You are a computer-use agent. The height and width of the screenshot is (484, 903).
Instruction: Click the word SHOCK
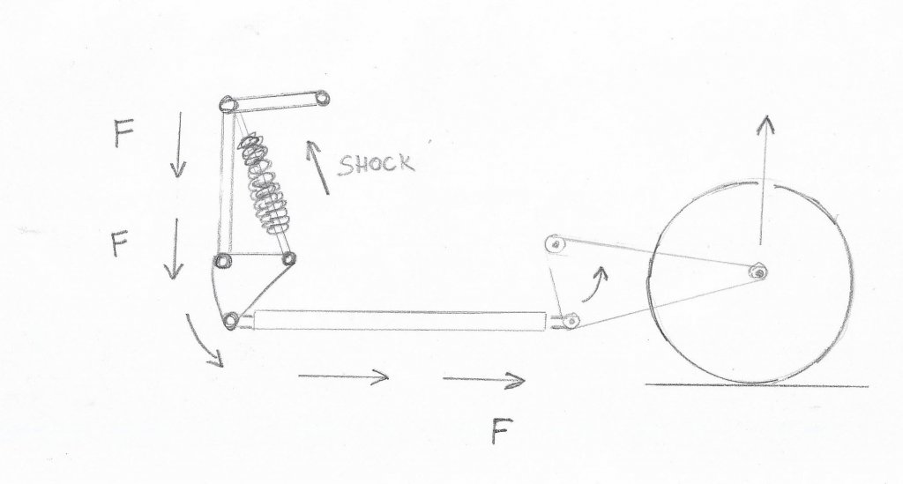click(x=376, y=165)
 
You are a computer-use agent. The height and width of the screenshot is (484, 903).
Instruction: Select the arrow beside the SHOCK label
click(x=317, y=167)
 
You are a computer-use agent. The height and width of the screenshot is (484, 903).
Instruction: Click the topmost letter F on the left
click(x=123, y=133)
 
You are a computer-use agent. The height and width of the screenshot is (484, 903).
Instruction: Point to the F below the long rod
click(x=502, y=431)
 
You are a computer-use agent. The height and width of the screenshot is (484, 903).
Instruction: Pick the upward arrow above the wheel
click(x=764, y=180)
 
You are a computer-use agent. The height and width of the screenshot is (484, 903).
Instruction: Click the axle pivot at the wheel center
click(x=758, y=272)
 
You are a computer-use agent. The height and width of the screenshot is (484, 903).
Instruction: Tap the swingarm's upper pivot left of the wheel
click(x=555, y=244)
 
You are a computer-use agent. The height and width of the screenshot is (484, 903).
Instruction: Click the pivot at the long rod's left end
click(x=231, y=319)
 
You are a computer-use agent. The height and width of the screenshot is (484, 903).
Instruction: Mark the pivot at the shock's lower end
click(x=288, y=258)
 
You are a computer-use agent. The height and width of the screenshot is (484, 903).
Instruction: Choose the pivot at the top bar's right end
click(x=322, y=99)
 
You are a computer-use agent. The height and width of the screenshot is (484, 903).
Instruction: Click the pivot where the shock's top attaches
click(x=228, y=105)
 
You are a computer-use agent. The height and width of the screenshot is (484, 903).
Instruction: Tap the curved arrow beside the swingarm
click(x=595, y=284)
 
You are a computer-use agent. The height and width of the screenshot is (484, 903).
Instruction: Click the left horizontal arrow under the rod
click(x=343, y=377)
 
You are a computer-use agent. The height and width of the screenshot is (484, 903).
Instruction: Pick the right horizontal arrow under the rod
click(x=484, y=379)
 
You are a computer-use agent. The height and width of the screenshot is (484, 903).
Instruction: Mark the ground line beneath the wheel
click(x=757, y=385)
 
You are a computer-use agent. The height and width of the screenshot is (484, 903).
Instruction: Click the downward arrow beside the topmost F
click(x=178, y=145)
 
